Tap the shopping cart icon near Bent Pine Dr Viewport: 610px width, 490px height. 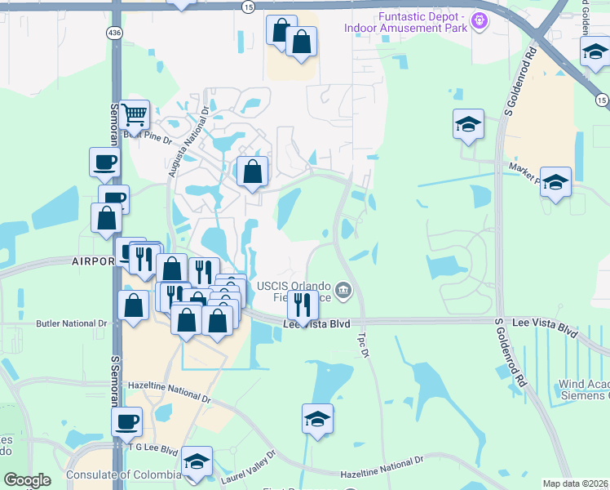point(135,115)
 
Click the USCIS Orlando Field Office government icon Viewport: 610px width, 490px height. point(344,288)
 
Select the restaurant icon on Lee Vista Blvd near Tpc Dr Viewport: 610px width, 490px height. point(303,305)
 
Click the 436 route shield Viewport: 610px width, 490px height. point(114,33)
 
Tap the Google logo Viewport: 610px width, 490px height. point(27,480)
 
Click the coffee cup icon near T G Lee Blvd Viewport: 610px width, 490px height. point(126,421)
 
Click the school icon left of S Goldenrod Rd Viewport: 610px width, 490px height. point(469,124)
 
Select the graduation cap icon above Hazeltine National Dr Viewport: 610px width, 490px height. point(317,419)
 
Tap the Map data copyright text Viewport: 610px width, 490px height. point(576,483)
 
